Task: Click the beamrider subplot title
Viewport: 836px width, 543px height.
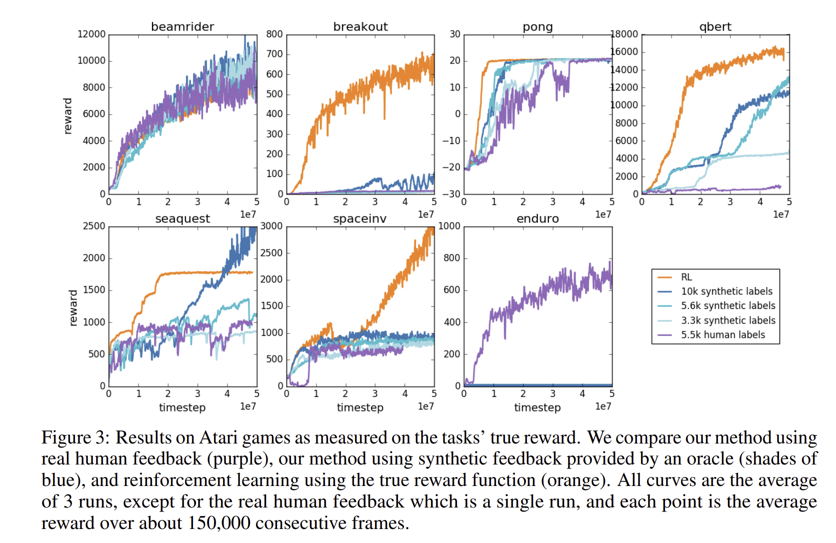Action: [182, 26]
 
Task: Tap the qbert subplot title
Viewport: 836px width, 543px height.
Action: [715, 26]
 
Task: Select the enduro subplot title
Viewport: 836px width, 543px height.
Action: [537, 218]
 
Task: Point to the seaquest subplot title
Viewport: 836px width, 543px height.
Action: [182, 218]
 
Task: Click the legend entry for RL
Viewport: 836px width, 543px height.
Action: [686, 277]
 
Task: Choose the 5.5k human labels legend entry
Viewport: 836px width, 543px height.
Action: [722, 335]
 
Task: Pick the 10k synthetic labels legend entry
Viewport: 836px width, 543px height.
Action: [726, 291]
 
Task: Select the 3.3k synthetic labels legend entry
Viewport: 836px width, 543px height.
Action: [728, 320]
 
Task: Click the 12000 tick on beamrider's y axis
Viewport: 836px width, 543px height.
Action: [91, 34]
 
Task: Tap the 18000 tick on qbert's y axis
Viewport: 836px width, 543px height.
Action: [624, 34]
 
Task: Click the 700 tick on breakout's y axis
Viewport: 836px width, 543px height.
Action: [274, 54]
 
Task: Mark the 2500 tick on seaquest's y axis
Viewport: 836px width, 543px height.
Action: [94, 226]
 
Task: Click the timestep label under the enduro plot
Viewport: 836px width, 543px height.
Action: [537, 407]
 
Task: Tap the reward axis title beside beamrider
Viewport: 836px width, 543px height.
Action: [68, 116]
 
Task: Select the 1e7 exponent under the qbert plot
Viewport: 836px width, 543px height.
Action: [781, 214]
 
